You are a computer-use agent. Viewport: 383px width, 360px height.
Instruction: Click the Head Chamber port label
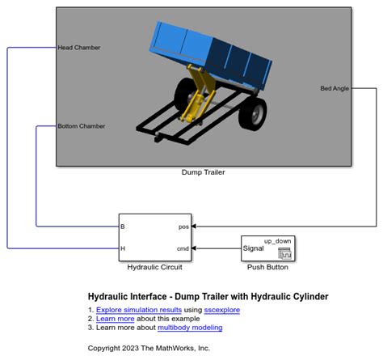point(79,47)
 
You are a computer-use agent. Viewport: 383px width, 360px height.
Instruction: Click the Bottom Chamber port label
point(82,126)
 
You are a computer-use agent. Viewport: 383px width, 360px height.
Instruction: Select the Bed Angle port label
point(335,88)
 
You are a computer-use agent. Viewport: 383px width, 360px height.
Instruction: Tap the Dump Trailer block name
point(203,172)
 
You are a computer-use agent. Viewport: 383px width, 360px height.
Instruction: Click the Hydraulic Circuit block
point(155,237)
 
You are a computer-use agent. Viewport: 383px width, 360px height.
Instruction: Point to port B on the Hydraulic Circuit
point(123,227)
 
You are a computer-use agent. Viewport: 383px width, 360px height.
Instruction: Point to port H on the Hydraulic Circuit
point(123,248)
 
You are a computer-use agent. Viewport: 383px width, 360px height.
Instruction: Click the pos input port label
point(183,227)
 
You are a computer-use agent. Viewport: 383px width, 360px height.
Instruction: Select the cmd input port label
point(183,248)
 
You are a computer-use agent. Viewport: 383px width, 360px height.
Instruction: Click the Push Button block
point(267,248)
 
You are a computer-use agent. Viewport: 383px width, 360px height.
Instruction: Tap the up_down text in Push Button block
point(277,240)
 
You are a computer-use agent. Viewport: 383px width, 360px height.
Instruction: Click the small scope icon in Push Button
point(284,253)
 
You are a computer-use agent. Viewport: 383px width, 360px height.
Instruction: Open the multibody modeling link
point(190,328)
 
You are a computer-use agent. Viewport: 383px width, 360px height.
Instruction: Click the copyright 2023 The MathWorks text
point(149,348)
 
